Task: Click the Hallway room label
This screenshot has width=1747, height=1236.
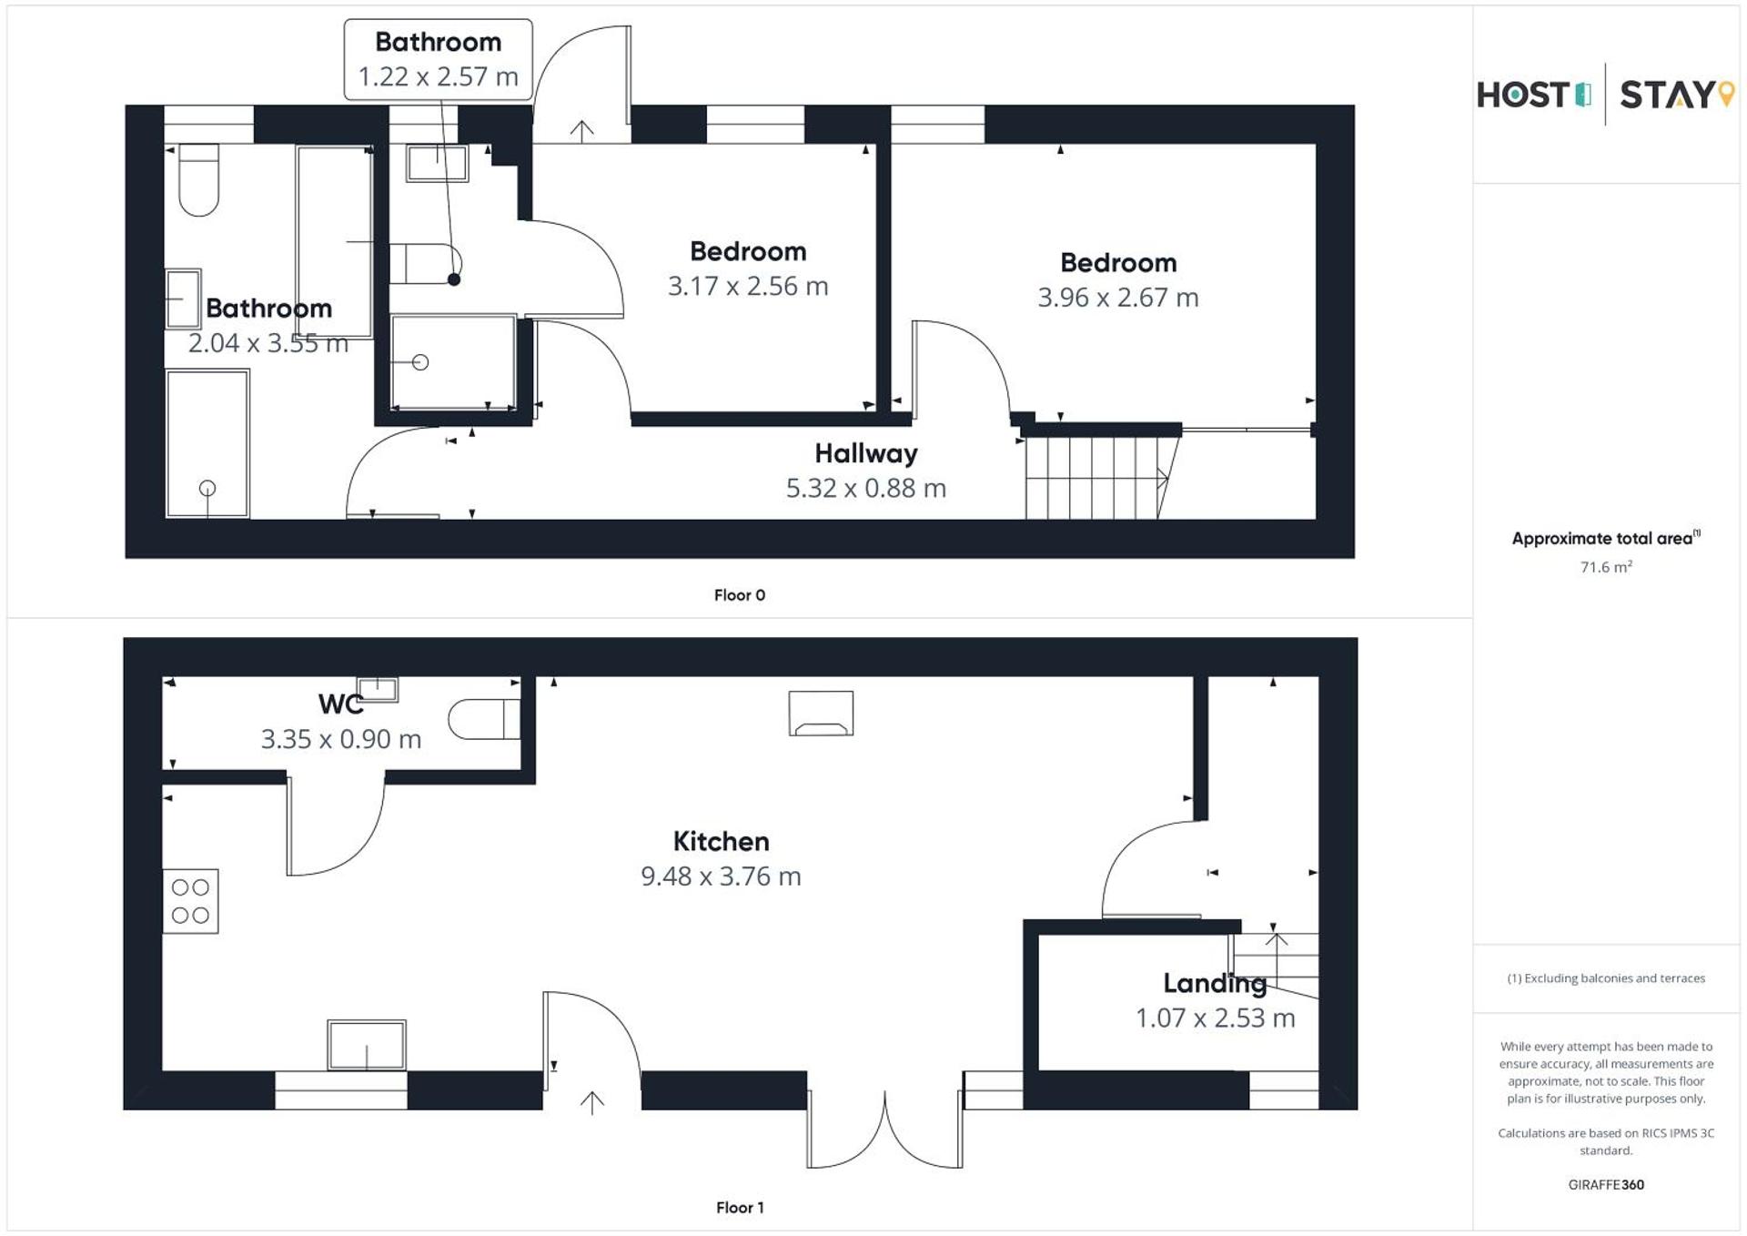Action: [x=865, y=453]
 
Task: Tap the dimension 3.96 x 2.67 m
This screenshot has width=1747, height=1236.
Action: [x=1117, y=298]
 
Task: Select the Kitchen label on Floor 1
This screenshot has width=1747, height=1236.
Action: [x=721, y=841]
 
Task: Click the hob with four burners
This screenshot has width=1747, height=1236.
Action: [x=190, y=901]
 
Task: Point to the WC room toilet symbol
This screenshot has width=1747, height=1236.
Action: [x=483, y=719]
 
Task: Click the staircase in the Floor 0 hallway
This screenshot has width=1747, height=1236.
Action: [x=1096, y=478]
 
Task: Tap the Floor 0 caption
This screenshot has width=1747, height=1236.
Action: [x=739, y=595]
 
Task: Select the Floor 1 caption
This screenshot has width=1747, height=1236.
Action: [x=739, y=1208]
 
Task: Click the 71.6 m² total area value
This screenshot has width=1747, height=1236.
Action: [x=1605, y=567]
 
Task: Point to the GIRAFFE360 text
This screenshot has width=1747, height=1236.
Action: [x=1605, y=1185]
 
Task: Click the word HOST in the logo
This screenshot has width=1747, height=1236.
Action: [x=1523, y=96]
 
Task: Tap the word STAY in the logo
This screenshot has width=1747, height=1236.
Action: [x=1667, y=96]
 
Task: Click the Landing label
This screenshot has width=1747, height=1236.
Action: [x=1214, y=983]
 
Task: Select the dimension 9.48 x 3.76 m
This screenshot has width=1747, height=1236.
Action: [x=721, y=876]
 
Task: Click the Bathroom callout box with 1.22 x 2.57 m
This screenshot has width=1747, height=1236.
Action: [x=438, y=59]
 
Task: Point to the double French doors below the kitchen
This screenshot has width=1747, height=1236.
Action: [x=884, y=1129]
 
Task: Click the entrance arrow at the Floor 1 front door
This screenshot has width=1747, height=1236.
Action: [x=592, y=1102]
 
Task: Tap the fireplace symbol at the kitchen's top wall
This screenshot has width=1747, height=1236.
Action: [x=821, y=714]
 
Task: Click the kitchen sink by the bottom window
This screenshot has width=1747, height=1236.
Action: [x=366, y=1045]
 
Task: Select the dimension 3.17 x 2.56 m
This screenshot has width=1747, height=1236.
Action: [x=748, y=287]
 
